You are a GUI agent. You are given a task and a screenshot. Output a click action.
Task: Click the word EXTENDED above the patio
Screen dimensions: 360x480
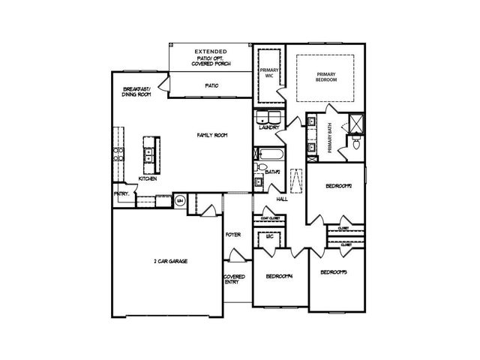[x=210, y=52]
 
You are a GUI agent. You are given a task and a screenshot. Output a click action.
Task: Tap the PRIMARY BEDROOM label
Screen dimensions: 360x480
[x=326, y=77]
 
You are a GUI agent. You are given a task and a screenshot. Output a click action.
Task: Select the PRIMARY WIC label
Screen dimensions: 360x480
[x=268, y=73]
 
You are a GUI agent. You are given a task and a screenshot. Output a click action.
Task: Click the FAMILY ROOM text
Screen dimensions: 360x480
[x=212, y=135]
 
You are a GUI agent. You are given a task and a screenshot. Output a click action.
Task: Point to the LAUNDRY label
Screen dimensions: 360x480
[x=269, y=127]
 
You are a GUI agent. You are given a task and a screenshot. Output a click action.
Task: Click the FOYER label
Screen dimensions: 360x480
[x=232, y=235]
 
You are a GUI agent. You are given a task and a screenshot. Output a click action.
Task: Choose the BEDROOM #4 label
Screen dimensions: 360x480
[x=278, y=276]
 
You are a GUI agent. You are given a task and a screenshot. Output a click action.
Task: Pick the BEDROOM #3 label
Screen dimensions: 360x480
[x=334, y=272]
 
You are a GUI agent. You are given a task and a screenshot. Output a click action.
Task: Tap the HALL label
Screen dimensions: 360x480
[x=282, y=199]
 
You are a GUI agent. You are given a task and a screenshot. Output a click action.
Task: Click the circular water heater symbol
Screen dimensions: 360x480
[x=181, y=200]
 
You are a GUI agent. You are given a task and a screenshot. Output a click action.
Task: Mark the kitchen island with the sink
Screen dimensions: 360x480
[x=151, y=154]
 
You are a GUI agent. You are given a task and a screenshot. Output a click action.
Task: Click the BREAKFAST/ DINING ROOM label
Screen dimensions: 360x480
[x=137, y=93]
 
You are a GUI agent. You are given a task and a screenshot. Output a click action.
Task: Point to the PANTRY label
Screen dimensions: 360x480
[x=122, y=193]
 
